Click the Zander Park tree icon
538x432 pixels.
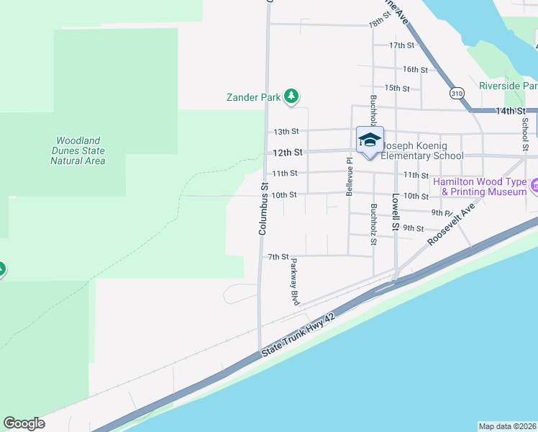coord(291,96)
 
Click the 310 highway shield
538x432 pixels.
coord(457,93)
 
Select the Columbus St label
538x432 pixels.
coord(264,208)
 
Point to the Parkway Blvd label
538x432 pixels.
coord(294,282)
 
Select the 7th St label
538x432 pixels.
coord(278,256)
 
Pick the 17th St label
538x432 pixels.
coord(402,45)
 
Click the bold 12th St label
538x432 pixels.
coord(286,153)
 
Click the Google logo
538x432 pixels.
coord(24,423)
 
